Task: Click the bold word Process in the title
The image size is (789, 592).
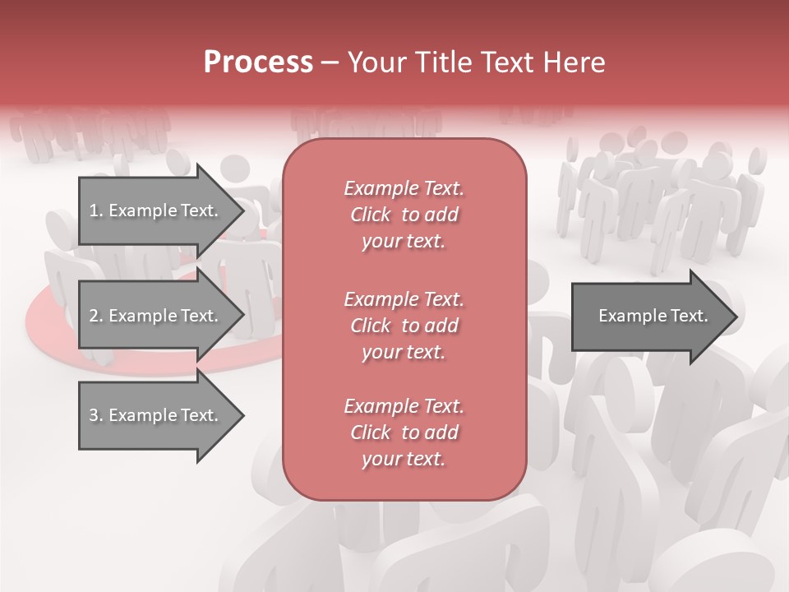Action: [258, 62]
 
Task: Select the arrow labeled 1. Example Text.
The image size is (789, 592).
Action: [156, 210]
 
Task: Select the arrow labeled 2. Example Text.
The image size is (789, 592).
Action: [156, 316]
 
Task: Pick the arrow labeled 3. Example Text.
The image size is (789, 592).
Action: [156, 415]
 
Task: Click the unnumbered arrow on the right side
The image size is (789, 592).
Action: [649, 316]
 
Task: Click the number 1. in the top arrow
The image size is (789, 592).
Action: [96, 210]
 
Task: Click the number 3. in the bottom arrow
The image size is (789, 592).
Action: [96, 415]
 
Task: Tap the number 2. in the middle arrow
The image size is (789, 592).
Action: [96, 316]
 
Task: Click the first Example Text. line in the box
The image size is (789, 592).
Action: [404, 188]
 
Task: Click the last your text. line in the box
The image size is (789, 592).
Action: [404, 459]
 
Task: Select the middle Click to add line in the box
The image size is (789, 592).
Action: [404, 326]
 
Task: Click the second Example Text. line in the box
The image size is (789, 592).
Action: [404, 298]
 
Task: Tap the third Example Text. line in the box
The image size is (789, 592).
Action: [404, 406]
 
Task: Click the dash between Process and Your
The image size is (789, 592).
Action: [330, 63]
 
